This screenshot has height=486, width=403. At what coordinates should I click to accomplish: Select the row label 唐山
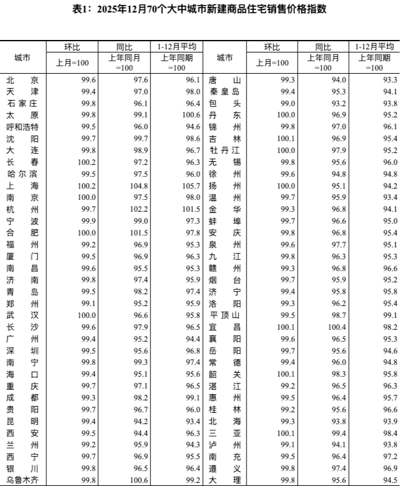(225, 80)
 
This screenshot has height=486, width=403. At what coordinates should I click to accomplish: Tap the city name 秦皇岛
(225, 92)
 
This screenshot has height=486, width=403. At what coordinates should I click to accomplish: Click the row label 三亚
(225, 433)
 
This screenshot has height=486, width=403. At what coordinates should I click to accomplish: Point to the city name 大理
(225, 480)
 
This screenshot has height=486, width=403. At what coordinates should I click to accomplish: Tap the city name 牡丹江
(225, 151)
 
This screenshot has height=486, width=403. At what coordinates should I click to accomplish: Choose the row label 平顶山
(225, 315)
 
